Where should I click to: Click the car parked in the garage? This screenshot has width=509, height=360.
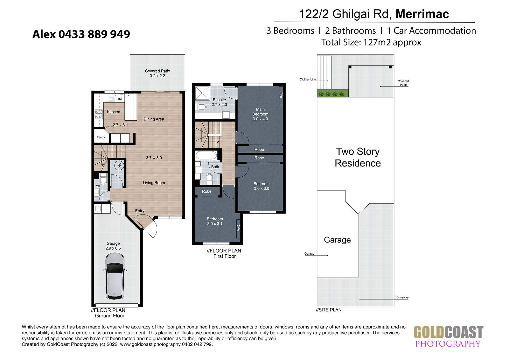(115, 276)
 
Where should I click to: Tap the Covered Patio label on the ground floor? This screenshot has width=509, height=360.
(157, 73)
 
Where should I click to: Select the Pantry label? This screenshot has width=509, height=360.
(101, 137)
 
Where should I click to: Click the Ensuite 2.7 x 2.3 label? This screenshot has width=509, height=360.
(219, 102)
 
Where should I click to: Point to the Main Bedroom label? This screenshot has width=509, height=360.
(261, 114)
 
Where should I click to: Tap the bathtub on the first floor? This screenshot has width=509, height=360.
(206, 155)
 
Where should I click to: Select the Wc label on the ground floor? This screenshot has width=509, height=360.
(98, 186)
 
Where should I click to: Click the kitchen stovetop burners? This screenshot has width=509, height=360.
(99, 114)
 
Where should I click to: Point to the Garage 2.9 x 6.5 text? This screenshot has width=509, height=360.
(113, 246)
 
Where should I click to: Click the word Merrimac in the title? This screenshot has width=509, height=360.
(422, 14)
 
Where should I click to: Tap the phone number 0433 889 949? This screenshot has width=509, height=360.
(94, 34)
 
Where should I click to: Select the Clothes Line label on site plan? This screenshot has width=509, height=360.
(308, 79)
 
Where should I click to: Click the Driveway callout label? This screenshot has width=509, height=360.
(402, 297)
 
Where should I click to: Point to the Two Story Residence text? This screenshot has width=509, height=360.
(358, 157)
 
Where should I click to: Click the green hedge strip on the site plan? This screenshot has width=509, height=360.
(333, 94)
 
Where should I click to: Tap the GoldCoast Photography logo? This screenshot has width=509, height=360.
(448, 336)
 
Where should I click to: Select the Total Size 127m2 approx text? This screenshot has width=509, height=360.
(371, 42)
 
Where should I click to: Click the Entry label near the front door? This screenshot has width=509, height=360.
(140, 211)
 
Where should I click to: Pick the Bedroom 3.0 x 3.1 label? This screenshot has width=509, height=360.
(215, 221)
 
